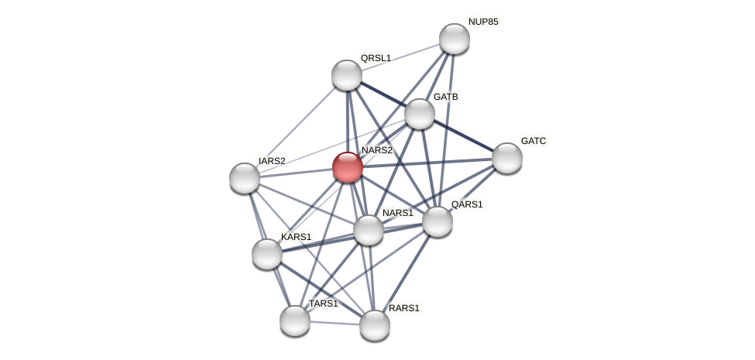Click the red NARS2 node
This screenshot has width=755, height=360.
click(348, 166)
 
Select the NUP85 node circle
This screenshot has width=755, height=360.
click(455, 39)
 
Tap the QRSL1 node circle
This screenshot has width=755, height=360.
click(347, 75)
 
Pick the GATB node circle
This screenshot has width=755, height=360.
click(420, 114)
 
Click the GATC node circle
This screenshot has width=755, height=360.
click(507, 158)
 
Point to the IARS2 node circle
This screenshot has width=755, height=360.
click(245, 178)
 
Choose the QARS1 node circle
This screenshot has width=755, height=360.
click(438, 221)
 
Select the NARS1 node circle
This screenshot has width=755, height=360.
click(369, 230)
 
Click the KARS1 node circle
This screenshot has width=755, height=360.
click(267, 254)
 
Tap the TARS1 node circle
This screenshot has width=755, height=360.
click(295, 321)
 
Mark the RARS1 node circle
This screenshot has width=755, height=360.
click(375, 325)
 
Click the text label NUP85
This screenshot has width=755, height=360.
click(483, 22)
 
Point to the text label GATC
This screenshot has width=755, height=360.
click(534, 141)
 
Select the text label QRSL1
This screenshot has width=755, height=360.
click(376, 58)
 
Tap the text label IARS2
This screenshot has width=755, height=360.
click(272, 161)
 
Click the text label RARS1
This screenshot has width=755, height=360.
click(404, 308)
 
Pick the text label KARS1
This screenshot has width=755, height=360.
click(296, 237)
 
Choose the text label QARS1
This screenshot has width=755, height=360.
click(467, 204)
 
